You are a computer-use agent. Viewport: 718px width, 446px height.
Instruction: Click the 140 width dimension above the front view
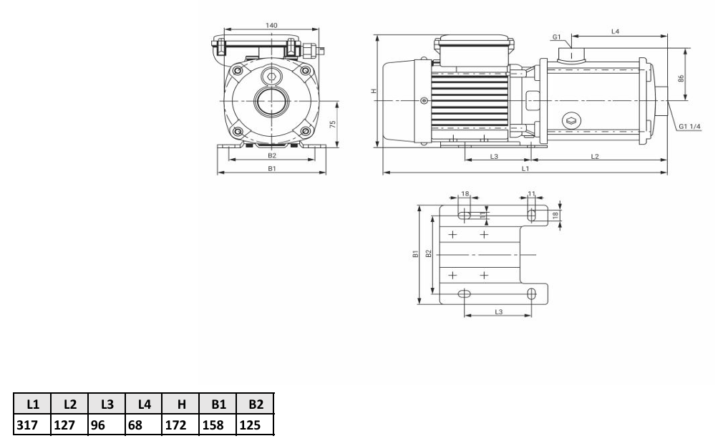point(271,25)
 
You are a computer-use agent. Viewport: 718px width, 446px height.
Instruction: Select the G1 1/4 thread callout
point(689,127)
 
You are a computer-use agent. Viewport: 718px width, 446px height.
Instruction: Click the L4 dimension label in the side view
point(615,31)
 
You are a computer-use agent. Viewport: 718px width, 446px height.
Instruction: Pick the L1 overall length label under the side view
point(525,169)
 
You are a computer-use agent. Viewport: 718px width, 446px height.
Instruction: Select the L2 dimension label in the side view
point(595,156)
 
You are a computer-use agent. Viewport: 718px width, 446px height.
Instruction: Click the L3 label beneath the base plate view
point(498,312)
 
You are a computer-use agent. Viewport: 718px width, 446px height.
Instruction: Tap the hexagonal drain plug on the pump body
point(571,122)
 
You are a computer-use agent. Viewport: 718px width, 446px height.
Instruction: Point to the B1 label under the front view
point(272,169)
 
